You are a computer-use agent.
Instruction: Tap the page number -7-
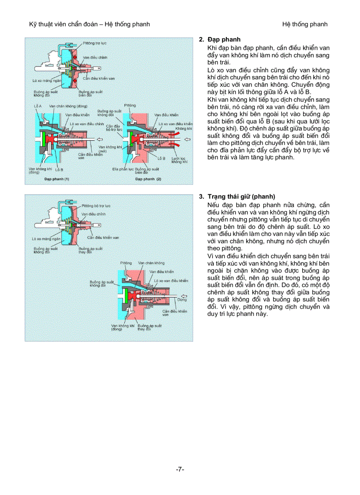coord(180,469)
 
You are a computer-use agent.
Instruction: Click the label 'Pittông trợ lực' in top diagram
coord(94,44)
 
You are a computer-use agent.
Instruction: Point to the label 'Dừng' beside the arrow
coord(182,299)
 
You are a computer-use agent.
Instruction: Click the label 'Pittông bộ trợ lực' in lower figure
coord(96,206)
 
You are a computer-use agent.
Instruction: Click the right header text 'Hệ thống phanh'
coord(305,24)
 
